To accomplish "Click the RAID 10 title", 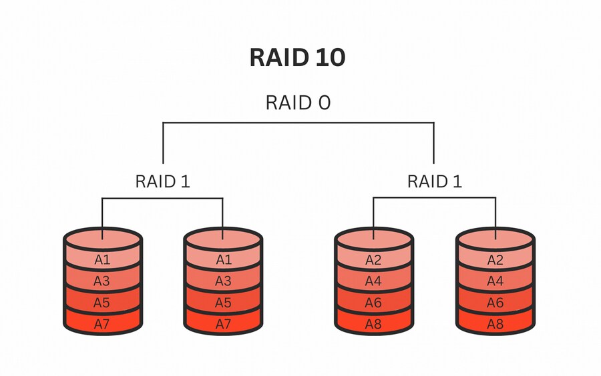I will point(297,58).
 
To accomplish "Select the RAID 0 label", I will point(298,103).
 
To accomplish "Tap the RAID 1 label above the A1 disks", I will point(162,181).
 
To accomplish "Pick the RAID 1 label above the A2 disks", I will point(434,181).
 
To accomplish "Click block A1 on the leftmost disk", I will point(102,259).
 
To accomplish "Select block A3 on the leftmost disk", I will point(102,281).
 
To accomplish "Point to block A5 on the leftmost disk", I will point(102,303).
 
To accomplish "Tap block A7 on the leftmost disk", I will point(102,324).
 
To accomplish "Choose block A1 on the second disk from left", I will point(223,259).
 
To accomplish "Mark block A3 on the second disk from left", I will point(223,281).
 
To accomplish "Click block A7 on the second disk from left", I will point(223,324).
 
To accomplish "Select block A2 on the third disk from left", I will point(373,259).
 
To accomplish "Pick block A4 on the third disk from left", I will point(373,281).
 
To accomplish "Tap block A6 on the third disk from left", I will point(373,303).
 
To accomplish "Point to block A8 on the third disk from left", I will point(373,324).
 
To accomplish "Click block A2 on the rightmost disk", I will point(495,259).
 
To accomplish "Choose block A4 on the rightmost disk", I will point(495,281).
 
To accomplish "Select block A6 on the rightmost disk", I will point(495,303).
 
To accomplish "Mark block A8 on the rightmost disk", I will point(495,324).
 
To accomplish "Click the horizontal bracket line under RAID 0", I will point(298,123).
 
